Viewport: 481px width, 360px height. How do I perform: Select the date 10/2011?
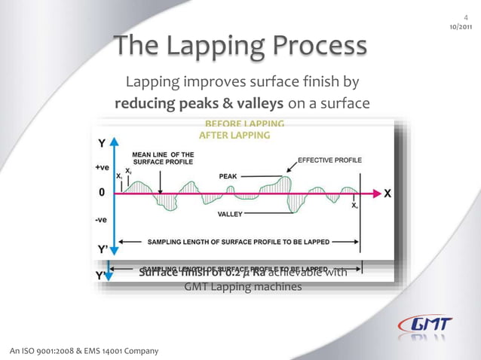point(461,26)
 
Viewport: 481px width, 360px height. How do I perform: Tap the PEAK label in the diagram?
point(228,175)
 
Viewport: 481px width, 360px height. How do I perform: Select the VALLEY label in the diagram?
point(230,215)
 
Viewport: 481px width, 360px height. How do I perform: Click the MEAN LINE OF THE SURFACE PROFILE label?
point(163,158)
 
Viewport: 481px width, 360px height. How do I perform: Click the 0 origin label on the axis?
point(102,193)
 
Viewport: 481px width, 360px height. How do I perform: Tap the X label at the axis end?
point(387,193)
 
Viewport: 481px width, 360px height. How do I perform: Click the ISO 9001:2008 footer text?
point(84,351)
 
